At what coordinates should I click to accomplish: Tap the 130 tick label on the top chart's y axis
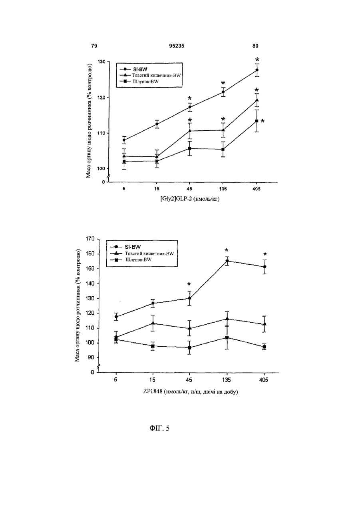101,62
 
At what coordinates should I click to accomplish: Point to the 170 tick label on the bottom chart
90,239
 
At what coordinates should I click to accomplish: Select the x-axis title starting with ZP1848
190,392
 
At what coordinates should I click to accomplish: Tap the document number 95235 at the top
177,46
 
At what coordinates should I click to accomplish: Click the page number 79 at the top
94,46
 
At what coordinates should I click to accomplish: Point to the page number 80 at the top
255,46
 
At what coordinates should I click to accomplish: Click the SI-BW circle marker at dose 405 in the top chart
257,70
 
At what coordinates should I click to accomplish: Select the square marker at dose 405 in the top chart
257,121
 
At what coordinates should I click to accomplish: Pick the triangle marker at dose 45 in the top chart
190,131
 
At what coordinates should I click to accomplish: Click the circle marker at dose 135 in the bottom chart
227,261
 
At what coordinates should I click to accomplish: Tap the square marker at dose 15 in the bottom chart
153,346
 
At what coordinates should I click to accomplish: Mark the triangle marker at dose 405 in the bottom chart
265,324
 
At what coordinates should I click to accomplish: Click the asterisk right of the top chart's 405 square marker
263,121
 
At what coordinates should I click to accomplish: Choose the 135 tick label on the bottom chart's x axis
227,380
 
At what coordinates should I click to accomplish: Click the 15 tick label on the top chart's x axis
157,189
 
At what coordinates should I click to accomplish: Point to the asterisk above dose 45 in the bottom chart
189,284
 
